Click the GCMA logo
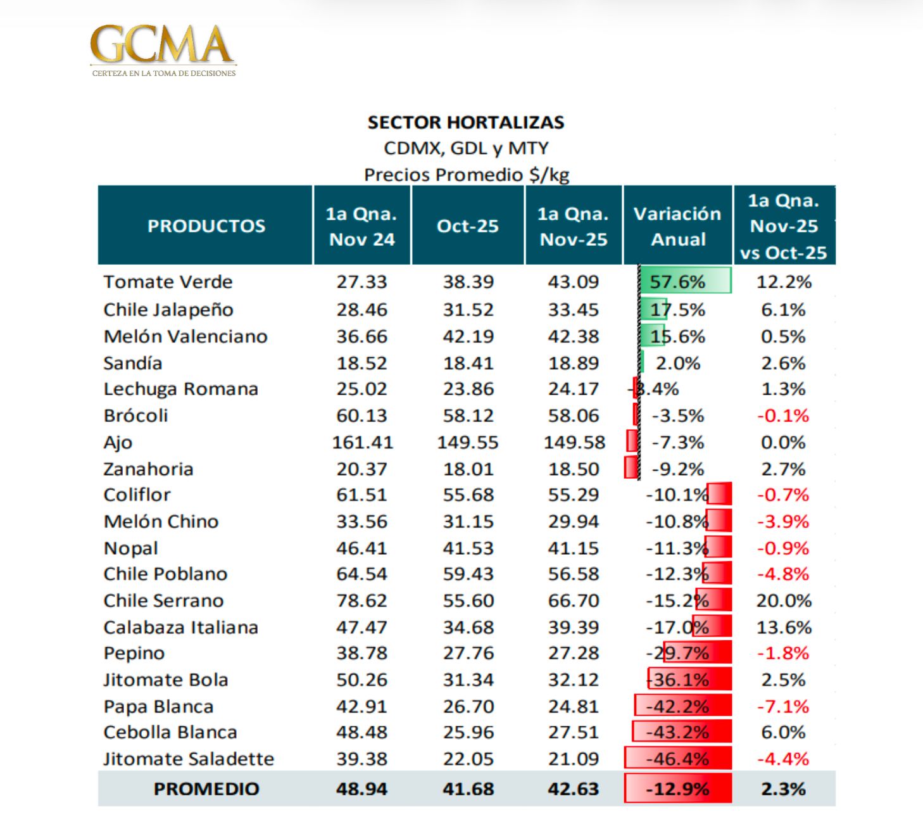tap(163, 50)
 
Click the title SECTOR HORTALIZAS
tap(466, 122)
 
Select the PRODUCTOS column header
tap(206, 226)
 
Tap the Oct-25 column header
tap(468, 226)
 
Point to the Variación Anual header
tap(677, 226)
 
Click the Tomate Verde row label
tap(168, 282)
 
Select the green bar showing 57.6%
tap(685, 281)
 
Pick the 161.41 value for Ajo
tap(362, 442)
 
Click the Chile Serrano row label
tap(163, 600)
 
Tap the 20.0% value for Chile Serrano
tap(784, 600)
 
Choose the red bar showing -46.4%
tap(678, 759)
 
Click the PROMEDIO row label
tap(206, 789)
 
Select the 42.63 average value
tap(574, 789)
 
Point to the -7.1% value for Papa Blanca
tap(783, 706)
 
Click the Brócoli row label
tap(135, 415)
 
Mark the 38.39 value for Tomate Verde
tap(468, 282)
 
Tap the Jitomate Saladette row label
tap(189, 759)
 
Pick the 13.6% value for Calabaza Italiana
tap(784, 627)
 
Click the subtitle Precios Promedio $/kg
tap(467, 175)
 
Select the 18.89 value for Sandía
tap(574, 363)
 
